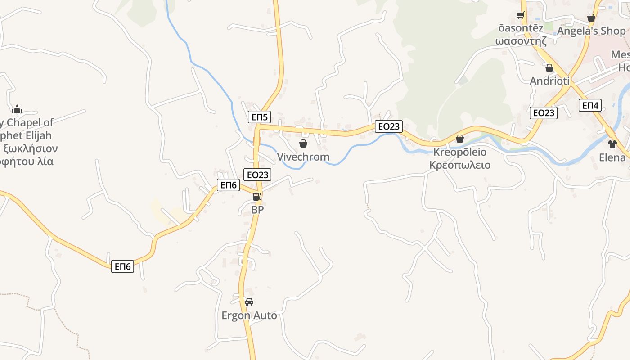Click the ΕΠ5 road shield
(x=260, y=117)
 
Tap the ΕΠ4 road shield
(x=590, y=106)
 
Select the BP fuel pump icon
(x=257, y=196)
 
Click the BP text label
(x=257, y=210)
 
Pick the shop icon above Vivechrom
(x=303, y=144)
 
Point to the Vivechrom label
(x=303, y=157)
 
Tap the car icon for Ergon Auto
(x=249, y=302)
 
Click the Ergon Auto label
(x=249, y=315)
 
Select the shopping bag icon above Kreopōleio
(x=460, y=139)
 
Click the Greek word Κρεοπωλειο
(x=460, y=165)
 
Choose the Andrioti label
(x=549, y=81)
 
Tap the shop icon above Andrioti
(x=549, y=68)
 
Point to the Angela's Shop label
(x=591, y=31)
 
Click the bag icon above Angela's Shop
(x=591, y=18)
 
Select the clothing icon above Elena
(x=612, y=144)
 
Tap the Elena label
(x=612, y=157)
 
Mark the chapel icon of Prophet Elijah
(x=17, y=109)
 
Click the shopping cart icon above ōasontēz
(x=521, y=15)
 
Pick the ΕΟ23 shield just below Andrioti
(x=544, y=113)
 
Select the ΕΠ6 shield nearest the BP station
(x=228, y=185)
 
